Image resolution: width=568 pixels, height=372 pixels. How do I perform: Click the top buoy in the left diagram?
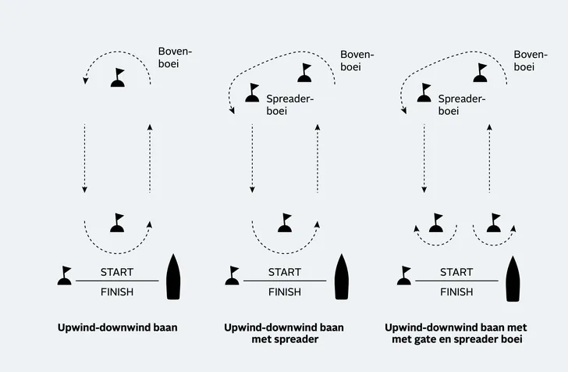pyautogui.click(x=118, y=78)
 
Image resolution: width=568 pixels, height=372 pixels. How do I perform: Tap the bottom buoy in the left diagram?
pyautogui.click(x=118, y=224)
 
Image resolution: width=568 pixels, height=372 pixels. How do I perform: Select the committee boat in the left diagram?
pyautogui.click(x=174, y=277)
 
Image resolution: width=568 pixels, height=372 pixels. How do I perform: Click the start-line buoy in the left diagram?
pyautogui.click(x=64, y=276)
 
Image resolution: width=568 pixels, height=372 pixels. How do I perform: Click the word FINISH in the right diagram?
pyautogui.click(x=456, y=292)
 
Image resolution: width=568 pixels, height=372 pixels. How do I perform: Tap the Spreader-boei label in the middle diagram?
pyautogui.click(x=290, y=106)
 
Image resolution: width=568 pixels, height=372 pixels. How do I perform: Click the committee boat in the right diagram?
pyautogui.click(x=513, y=277)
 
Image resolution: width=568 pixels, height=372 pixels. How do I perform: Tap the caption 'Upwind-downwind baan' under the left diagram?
pyautogui.click(x=118, y=328)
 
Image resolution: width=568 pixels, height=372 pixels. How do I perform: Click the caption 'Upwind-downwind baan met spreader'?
pyautogui.click(x=284, y=334)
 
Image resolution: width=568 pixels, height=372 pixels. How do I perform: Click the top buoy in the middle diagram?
pyautogui.click(x=306, y=73)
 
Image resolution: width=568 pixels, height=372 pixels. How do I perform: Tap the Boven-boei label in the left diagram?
pyautogui.click(x=175, y=57)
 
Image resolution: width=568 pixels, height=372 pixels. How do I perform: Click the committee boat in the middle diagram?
pyautogui.click(x=341, y=277)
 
